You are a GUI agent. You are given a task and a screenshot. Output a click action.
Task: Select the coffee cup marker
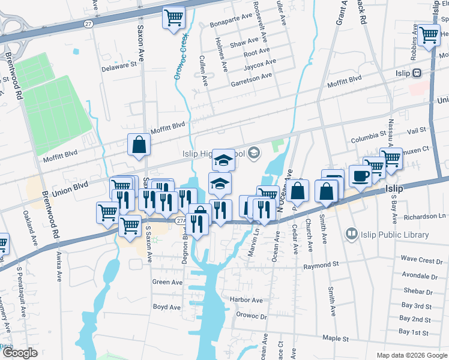(360, 176)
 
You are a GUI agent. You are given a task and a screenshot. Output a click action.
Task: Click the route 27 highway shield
(88, 24)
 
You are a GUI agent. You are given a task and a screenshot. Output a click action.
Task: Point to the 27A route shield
(181, 221)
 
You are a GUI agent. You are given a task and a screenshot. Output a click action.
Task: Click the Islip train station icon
(417, 73)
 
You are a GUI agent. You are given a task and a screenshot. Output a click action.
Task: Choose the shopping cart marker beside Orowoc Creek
(173, 17)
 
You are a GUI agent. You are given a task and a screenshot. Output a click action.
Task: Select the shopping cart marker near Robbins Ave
(429, 35)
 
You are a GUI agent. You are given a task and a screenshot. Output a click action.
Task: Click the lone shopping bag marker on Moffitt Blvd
(139, 145)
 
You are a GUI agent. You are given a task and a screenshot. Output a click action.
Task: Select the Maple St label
(336, 338)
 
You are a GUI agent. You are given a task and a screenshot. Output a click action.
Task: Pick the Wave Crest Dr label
(421, 260)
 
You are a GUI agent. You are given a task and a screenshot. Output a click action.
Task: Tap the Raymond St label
(321, 264)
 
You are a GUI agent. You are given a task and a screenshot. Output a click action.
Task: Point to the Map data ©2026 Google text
(411, 355)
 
